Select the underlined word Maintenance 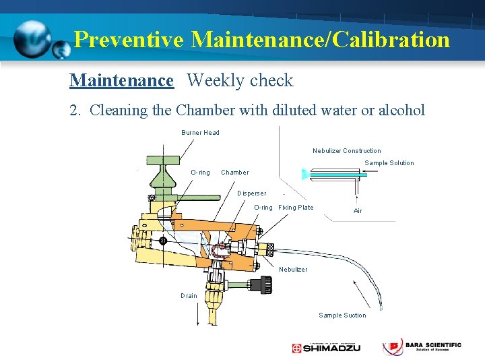point(121,81)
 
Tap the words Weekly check point(240,81)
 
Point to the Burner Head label point(200,133)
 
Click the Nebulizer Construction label point(346,151)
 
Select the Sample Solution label point(389,163)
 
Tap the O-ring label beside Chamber point(200,173)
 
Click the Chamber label point(234,173)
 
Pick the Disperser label point(251,193)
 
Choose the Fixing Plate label point(296,208)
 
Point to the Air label point(358,211)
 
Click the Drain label point(189,296)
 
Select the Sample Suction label point(342,315)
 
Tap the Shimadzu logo point(326,348)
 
